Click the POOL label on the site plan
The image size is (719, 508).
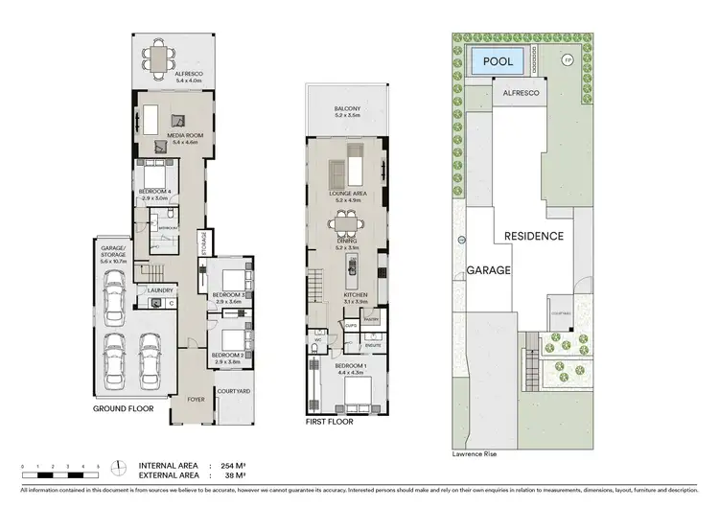(x=497, y=61)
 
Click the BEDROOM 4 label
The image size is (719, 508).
(x=154, y=193)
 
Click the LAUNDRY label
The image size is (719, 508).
(x=159, y=289)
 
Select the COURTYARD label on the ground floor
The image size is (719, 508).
(x=233, y=391)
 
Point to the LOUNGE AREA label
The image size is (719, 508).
(x=347, y=194)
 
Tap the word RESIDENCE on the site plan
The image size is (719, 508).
(x=529, y=236)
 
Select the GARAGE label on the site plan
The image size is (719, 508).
(x=488, y=270)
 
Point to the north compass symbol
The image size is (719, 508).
(x=117, y=467)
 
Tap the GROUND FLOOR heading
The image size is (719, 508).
(x=124, y=408)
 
